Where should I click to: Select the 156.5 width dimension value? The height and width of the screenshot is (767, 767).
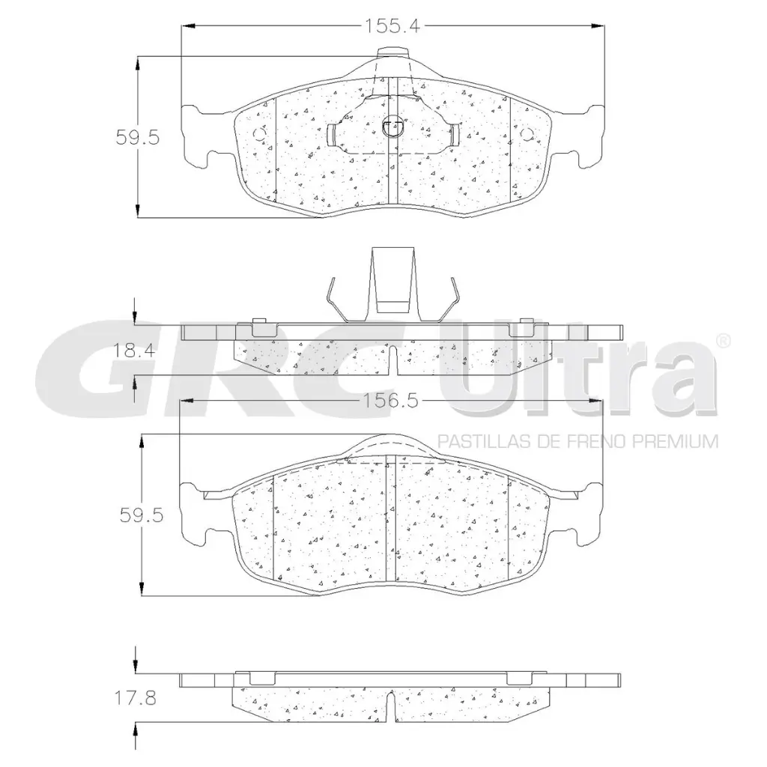pyautogui.click(x=390, y=401)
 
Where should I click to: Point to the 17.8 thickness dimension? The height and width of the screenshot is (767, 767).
pyautogui.click(x=135, y=697)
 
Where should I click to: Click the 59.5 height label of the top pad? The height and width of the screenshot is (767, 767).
pyautogui.click(x=138, y=138)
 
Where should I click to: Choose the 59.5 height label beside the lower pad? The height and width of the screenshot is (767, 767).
pyautogui.click(x=142, y=515)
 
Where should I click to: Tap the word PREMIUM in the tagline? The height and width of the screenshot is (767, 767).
pyautogui.click(x=676, y=442)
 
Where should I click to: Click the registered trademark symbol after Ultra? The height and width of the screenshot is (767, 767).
pyautogui.click(x=724, y=341)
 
